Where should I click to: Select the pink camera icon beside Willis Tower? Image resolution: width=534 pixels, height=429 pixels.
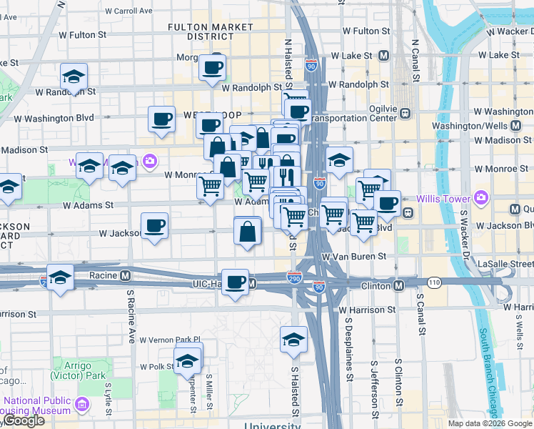pos(481,197)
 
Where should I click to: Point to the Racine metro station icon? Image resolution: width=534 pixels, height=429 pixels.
pos(126,275)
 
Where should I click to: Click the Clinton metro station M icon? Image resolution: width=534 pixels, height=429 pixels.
pos(399,286)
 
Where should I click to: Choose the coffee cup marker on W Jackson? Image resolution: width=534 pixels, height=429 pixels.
pos(155,227)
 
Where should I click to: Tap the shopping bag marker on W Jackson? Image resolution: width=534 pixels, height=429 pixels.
pos(247,232)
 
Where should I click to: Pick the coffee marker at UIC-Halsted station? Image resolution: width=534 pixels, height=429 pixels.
pos(235,282)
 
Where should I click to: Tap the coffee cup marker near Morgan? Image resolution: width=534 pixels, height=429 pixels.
pos(213,68)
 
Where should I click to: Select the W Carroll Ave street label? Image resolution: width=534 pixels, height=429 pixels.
pos(129,11)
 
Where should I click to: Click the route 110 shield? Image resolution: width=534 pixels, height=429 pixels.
pos(435,283)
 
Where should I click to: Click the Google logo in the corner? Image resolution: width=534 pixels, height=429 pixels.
pos(24,420)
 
